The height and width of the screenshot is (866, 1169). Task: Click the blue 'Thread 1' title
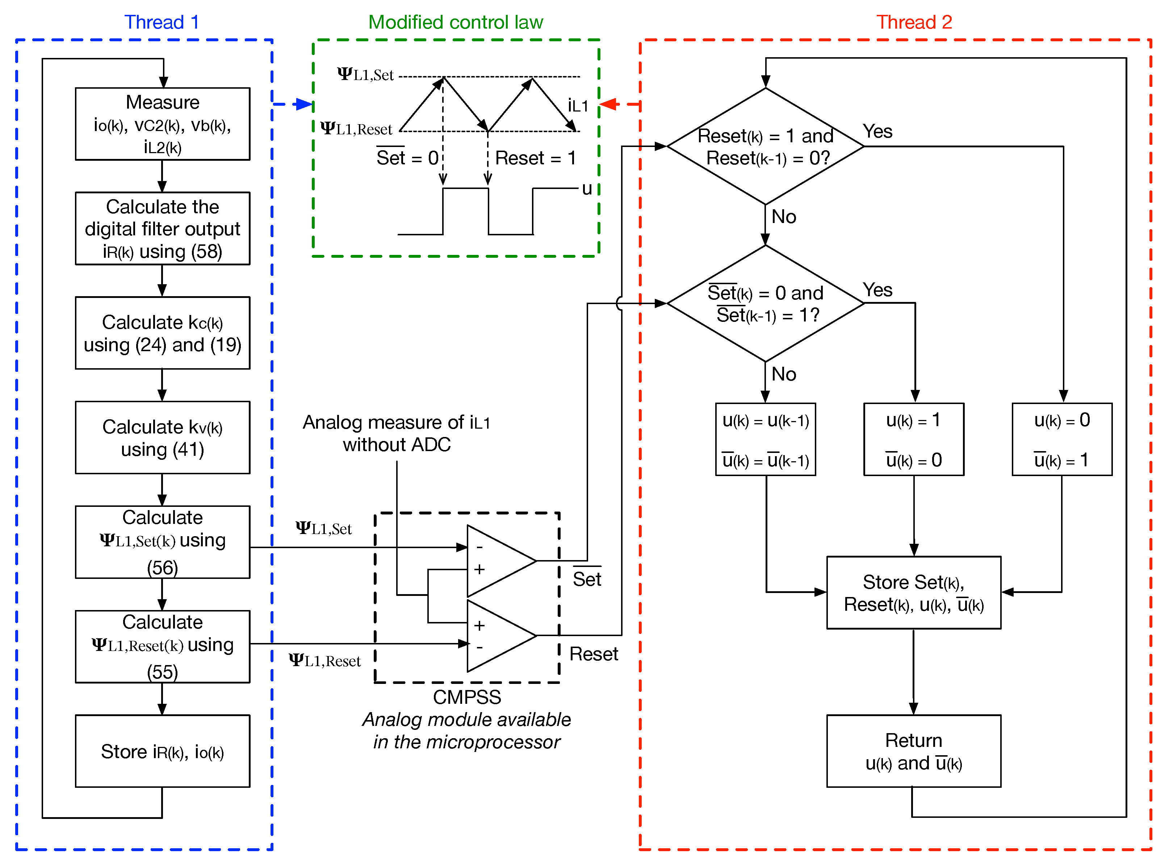click(162, 22)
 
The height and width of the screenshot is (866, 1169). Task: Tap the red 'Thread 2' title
click(914, 22)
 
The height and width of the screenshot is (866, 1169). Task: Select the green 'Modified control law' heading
click(456, 22)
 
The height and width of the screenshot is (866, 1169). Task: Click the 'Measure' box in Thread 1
click(163, 124)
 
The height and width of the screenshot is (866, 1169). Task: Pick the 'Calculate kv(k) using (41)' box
click(163, 437)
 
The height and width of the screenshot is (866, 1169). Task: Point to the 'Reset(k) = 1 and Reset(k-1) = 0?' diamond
click(765, 146)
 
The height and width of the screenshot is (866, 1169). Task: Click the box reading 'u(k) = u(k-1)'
click(765, 439)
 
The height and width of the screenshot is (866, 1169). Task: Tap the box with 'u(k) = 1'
click(914, 439)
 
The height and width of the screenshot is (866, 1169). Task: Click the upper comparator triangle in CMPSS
click(495, 561)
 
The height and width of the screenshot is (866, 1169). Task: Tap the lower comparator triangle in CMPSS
click(495, 636)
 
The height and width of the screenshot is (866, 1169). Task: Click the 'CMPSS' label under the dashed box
click(466, 697)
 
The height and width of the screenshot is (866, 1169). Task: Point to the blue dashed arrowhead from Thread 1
click(304, 104)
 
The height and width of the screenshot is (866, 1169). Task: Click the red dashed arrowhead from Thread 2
click(608, 104)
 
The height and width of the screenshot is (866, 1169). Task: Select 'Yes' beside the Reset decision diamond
click(877, 131)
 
